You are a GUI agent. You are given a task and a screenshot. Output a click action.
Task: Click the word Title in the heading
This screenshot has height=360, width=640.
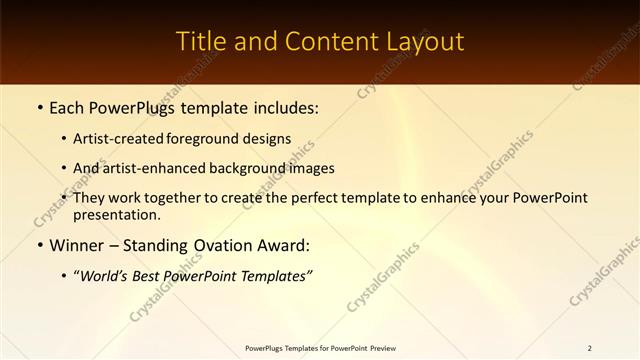coord(200,42)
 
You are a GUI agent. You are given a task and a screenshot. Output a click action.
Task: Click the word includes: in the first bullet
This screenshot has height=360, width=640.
coord(282,107)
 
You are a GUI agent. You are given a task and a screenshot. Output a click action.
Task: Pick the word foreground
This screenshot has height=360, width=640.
coord(210,139)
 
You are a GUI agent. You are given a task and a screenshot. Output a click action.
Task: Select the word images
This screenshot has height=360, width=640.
coord(312,168)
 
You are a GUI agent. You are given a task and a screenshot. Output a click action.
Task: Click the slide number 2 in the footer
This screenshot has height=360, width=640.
coord(590,348)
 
